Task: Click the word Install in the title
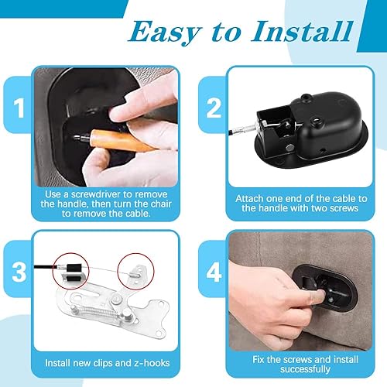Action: [303, 32]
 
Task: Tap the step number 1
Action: [19, 108]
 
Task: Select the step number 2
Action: [214, 108]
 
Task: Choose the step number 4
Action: [214, 272]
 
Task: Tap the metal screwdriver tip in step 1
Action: [82, 138]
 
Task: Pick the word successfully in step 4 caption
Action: [305, 369]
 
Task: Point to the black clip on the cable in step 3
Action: [74, 272]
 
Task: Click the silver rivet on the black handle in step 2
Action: [290, 148]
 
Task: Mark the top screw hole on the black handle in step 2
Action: [306, 98]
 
